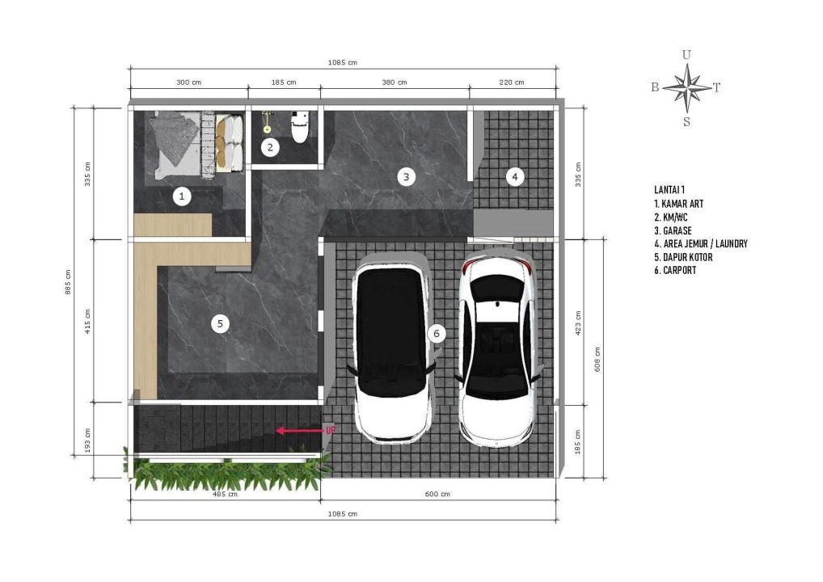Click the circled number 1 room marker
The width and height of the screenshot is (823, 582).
[x=182, y=196]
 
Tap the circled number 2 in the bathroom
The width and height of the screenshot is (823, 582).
[x=270, y=147]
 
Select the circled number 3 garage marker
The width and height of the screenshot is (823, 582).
[x=406, y=177]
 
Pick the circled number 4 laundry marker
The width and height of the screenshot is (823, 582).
[x=515, y=177]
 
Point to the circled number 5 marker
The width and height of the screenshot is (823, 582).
[x=220, y=324]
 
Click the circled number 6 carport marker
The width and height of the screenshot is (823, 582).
[x=437, y=333]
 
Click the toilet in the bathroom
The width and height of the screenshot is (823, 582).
[x=300, y=126]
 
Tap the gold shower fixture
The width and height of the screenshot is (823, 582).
[x=267, y=122]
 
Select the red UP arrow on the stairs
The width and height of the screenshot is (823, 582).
[x=299, y=431]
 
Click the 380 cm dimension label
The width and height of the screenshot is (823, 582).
[x=395, y=82]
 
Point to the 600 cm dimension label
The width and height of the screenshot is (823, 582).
[x=437, y=494]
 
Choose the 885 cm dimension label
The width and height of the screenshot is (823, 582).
[x=68, y=282]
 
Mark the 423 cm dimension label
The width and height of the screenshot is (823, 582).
[x=578, y=323]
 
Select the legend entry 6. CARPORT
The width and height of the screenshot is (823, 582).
[x=675, y=270]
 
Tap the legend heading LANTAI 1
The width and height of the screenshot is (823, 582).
[x=669, y=190]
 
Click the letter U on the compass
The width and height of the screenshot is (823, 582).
[x=686, y=55]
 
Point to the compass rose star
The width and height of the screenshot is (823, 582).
[x=687, y=87]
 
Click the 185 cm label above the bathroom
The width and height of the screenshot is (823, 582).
[x=284, y=82]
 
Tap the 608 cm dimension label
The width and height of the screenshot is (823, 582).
[x=597, y=360]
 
